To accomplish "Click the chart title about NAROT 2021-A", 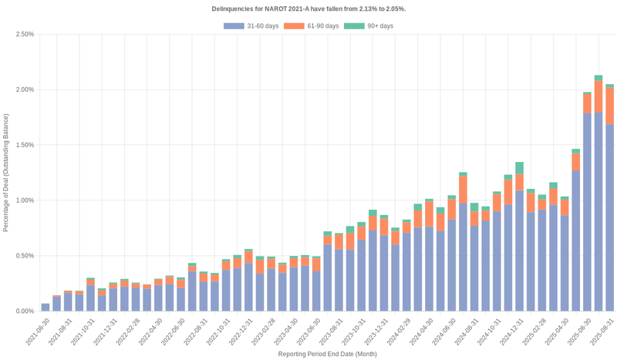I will [x=308, y=8].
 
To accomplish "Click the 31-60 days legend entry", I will [x=251, y=26].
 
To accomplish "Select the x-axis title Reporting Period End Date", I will [x=327, y=354].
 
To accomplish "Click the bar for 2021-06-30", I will [x=46, y=307].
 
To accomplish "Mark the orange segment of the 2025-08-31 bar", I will [x=609, y=106].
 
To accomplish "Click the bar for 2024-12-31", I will [x=519, y=247].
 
